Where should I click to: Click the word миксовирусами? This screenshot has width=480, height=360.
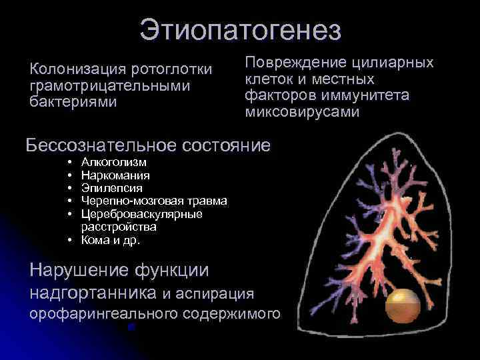click(302, 113)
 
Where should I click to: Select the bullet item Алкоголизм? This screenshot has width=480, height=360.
click(114, 162)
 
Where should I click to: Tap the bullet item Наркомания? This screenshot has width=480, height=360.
click(115, 175)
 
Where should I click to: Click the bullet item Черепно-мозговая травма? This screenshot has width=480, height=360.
click(154, 201)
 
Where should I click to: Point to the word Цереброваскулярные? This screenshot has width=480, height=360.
click(141, 214)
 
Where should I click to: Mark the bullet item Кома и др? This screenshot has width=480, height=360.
click(110, 240)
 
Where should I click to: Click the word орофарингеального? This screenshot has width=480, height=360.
click(94, 313)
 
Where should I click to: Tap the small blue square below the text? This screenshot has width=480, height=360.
click(131, 327)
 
